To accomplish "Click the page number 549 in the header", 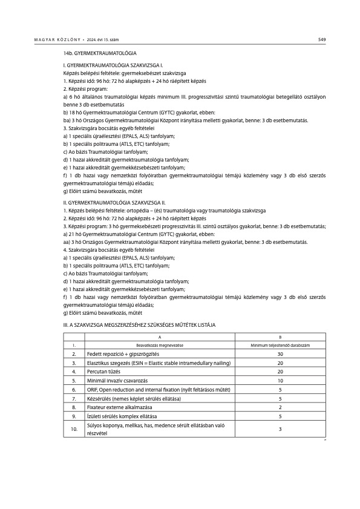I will click(322, 40).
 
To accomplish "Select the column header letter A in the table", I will click(160, 337).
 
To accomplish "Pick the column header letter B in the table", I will click(280, 337).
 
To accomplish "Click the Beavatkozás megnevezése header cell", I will click(160, 344).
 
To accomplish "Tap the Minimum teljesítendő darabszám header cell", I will click(280, 344).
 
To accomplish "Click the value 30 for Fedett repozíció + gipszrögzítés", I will click(280, 353).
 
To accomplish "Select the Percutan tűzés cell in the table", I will click(106, 371).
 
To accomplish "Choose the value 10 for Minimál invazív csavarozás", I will click(280, 380).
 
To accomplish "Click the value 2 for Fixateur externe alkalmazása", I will click(280, 407).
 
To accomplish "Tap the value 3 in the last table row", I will click(280, 429).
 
